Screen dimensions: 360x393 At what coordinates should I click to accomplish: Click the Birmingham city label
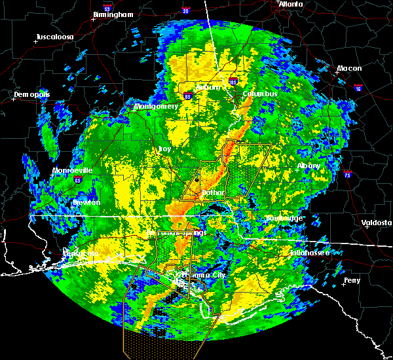click(x=113, y=14)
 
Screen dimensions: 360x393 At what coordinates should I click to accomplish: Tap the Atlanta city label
click(x=291, y=4)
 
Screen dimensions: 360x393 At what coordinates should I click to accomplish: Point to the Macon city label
click(x=349, y=69)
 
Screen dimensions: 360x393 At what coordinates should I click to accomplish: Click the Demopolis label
click(x=32, y=95)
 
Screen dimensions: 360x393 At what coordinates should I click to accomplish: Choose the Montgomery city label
click(x=156, y=106)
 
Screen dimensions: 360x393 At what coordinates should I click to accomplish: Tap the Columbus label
click(x=260, y=94)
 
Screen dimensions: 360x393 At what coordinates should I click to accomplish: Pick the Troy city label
click(x=165, y=149)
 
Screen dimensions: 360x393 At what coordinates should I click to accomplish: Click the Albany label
click(x=309, y=166)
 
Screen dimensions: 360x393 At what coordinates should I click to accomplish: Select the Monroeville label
click(x=73, y=171)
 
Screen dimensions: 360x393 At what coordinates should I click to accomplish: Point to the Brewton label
click(x=86, y=203)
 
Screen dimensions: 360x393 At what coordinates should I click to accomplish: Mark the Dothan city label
click(x=213, y=193)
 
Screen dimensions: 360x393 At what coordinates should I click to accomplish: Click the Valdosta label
click(x=376, y=223)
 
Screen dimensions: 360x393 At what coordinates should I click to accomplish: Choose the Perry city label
click(x=352, y=280)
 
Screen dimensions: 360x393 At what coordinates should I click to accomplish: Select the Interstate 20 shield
click(x=186, y=11)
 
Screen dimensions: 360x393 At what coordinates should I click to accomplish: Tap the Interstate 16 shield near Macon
click(x=358, y=86)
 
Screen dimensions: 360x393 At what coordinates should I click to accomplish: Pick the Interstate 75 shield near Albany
click(x=348, y=175)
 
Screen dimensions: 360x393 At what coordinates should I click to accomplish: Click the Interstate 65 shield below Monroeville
click(x=78, y=179)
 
